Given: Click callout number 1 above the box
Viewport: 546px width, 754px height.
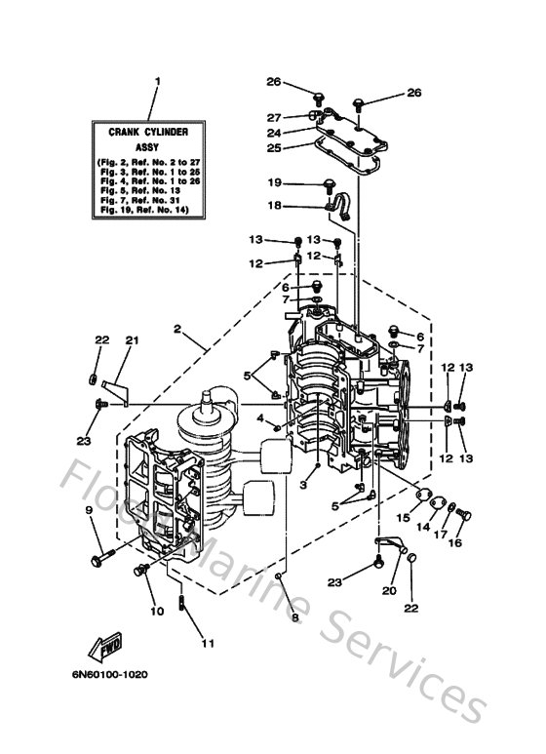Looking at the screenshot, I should (157, 81).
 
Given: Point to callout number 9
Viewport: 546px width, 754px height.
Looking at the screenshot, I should (89, 510).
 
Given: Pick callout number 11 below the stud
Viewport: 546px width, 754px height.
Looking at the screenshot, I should (206, 643).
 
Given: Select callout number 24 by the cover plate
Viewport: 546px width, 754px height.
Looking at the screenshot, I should (275, 132).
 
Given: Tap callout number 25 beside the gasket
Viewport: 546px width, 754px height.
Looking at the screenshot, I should (275, 148).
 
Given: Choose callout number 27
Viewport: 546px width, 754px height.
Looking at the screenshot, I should (275, 116).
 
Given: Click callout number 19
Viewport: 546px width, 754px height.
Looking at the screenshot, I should (275, 183).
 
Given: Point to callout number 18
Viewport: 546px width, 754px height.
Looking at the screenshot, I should (275, 206).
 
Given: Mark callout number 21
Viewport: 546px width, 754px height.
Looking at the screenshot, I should (132, 339).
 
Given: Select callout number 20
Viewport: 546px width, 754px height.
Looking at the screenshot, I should (390, 590).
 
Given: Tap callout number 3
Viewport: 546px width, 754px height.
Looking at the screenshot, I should (304, 484).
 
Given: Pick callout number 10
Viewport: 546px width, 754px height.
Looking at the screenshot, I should (157, 612).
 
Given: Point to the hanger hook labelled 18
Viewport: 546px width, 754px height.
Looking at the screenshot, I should (341, 206).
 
